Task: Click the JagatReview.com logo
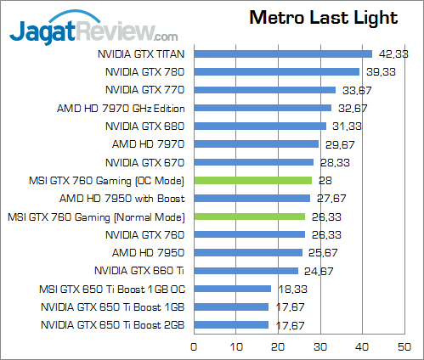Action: click(x=93, y=32)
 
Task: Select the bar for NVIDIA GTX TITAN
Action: click(x=283, y=53)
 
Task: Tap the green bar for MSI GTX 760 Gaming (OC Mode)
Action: click(x=253, y=180)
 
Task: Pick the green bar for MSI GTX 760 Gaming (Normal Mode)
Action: click(x=249, y=217)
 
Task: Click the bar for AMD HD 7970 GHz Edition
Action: click(x=263, y=108)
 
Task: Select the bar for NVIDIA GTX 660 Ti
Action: click(x=246, y=271)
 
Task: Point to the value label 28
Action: click(x=325, y=180)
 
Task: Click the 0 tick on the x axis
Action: click(x=194, y=346)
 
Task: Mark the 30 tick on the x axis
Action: click(x=319, y=346)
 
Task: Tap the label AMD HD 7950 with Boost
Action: click(x=129, y=198)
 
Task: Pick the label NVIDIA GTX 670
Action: click(x=145, y=162)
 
